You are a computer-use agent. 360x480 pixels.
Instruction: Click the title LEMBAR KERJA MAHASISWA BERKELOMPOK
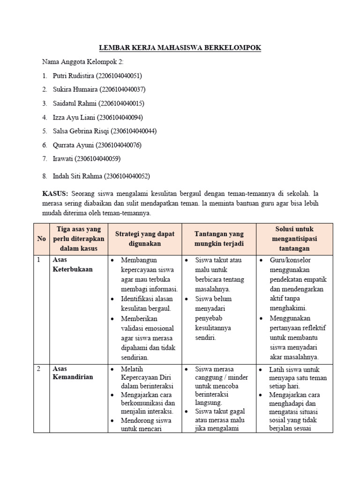[180, 48]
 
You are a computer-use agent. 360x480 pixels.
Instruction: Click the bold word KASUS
[55, 194]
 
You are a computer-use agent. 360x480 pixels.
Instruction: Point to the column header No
[42, 238]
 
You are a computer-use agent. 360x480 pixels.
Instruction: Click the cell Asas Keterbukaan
[73, 264]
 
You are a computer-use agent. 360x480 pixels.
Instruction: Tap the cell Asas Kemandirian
[73, 373]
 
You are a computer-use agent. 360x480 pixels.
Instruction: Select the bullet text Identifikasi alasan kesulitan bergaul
[146, 303]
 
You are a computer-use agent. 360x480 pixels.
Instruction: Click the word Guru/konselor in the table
[290, 260]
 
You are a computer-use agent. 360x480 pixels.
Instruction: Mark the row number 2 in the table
[39, 369]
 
